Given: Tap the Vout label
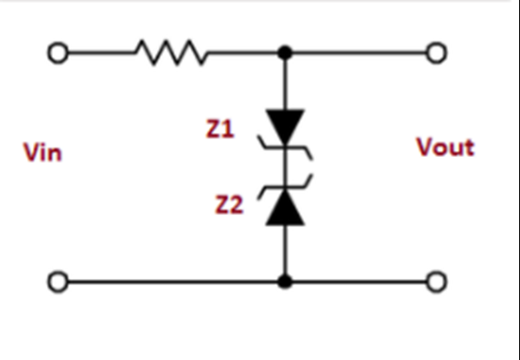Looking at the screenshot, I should coord(445,147).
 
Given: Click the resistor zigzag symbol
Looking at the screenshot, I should coord(170,54).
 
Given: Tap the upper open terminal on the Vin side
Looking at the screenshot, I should coord(57,54).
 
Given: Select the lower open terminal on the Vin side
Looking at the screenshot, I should coord(57,283).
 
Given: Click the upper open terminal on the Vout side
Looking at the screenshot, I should coord(438,54).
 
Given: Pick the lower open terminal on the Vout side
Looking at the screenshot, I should coord(438,283).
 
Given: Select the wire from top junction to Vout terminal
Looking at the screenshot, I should coord(360,54).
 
